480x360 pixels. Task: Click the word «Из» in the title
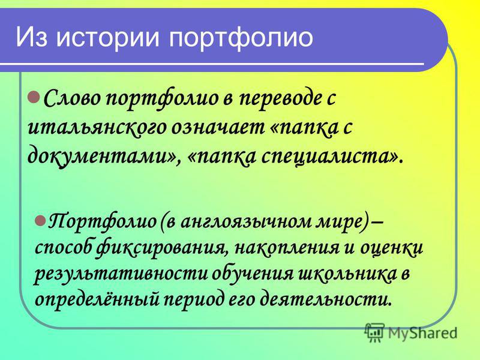click(31, 37)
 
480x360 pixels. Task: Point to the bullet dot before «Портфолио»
click(40, 220)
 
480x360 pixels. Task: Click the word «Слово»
click(74, 98)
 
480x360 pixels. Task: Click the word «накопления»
click(287, 248)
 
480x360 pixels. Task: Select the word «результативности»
click(121, 274)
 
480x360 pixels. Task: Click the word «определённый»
click(97, 298)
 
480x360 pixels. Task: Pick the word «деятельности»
click(325, 298)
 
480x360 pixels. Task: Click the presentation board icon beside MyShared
click(374, 332)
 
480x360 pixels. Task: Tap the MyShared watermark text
click(422, 333)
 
